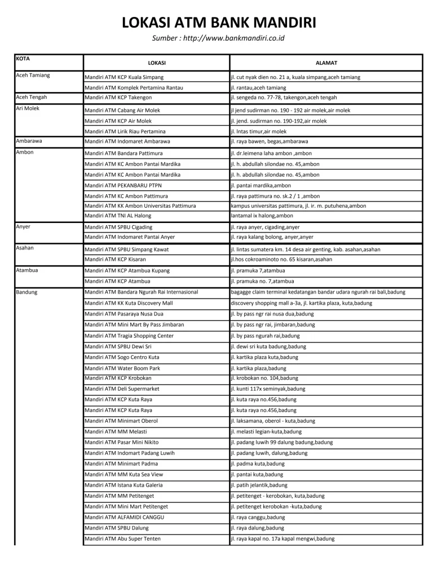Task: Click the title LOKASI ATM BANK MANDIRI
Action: pos(219,23)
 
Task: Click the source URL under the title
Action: pos(219,38)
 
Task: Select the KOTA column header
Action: pos(23,59)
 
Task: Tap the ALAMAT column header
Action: pos(326,63)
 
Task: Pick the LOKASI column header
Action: pos(156,63)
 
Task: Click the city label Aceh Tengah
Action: pos(31,97)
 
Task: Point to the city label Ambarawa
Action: pos(29,141)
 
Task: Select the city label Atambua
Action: pos(29,270)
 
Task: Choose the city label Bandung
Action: pos(28,292)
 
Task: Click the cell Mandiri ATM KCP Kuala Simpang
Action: pos(124,77)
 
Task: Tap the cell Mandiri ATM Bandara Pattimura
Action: pos(123,154)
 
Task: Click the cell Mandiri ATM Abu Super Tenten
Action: pos(122,539)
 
